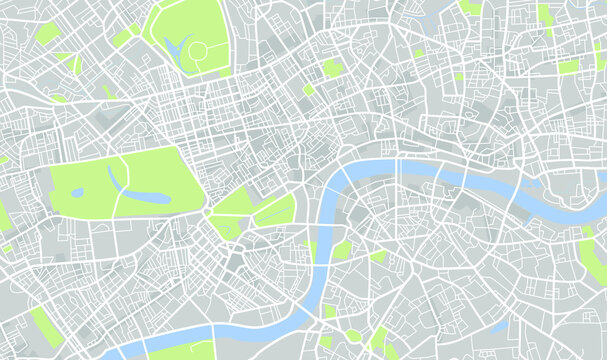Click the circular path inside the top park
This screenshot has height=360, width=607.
pos(197,49)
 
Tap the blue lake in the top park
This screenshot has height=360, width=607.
pos(177,46)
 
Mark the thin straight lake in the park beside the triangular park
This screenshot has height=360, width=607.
pos(275,210)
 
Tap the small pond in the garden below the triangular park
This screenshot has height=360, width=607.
pos(226,229)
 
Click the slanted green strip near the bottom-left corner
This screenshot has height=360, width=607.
pos(46,327)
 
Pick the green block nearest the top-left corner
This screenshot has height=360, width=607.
pos(46,33)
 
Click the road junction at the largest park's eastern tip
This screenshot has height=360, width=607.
pos(207,213)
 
